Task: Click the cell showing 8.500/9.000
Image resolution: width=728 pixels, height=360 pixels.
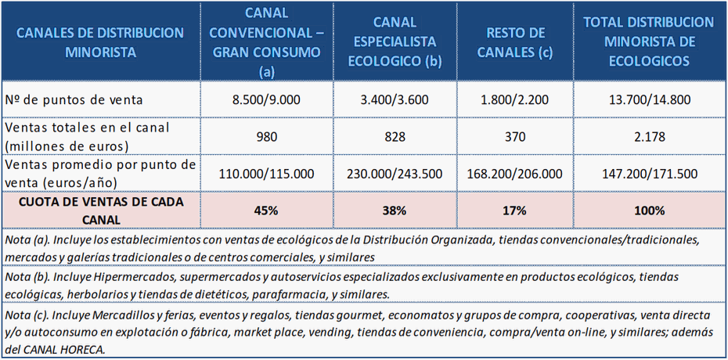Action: (266, 100)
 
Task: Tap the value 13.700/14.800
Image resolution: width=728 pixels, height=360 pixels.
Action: (649, 100)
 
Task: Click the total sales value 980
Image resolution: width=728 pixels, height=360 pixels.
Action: (266, 137)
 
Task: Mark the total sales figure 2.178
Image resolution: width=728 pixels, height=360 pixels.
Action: (649, 137)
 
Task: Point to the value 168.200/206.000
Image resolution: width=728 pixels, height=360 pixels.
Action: (515, 174)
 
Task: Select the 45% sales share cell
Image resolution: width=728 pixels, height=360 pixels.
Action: (266, 210)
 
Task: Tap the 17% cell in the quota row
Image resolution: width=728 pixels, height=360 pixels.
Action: (515, 210)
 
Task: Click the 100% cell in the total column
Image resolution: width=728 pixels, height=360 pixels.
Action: (649, 210)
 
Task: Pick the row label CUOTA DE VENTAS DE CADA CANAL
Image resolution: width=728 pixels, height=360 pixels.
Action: (100, 210)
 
